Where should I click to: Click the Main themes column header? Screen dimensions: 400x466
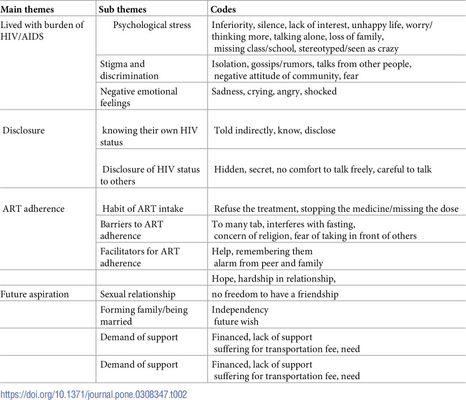click(x=27, y=9)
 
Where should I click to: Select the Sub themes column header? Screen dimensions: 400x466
click(x=124, y=9)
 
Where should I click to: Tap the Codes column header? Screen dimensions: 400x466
click(x=225, y=9)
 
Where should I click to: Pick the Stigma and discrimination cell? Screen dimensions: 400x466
click(x=130, y=70)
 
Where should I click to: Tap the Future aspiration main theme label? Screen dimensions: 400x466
click(x=34, y=294)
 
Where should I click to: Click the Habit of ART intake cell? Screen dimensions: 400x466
click(x=143, y=208)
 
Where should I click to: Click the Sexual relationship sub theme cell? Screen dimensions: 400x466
click(x=138, y=294)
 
